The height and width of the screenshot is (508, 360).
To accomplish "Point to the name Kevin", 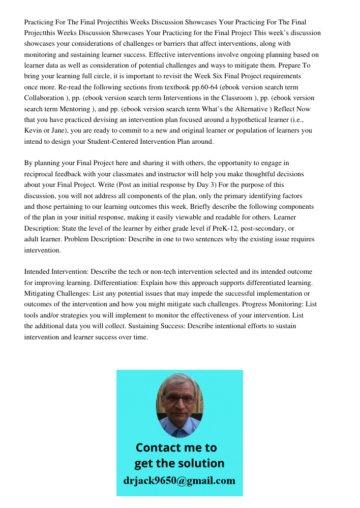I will [x=33, y=131].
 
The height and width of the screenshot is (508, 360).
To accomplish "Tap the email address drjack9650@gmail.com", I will [x=179, y=481].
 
